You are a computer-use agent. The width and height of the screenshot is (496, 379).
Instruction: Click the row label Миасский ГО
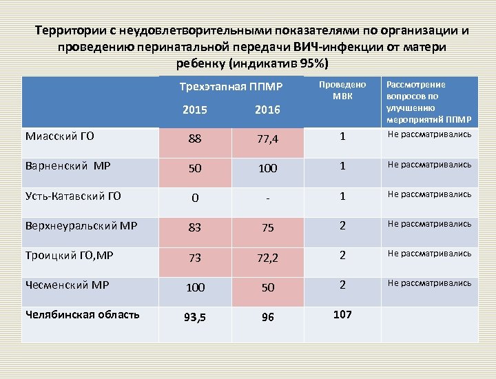(x=59, y=136)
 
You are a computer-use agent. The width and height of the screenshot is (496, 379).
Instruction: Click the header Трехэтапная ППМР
(x=231, y=87)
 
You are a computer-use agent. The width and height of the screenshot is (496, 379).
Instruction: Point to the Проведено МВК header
(x=342, y=90)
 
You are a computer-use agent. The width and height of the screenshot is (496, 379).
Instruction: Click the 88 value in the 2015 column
(x=194, y=139)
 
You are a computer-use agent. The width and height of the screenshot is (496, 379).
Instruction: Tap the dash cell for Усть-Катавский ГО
(x=267, y=198)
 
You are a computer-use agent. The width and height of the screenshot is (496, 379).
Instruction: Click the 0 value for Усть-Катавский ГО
(x=194, y=198)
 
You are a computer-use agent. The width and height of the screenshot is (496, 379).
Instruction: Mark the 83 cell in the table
(x=194, y=227)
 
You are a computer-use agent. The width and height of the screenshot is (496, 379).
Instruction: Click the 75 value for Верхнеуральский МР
(x=267, y=227)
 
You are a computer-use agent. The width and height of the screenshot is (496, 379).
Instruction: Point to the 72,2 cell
(x=267, y=257)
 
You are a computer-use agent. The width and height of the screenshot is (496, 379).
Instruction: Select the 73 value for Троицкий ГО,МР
(x=194, y=257)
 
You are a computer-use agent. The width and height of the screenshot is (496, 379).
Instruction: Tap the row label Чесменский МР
(x=67, y=284)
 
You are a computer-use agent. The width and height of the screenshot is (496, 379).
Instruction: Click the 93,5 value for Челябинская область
(x=194, y=317)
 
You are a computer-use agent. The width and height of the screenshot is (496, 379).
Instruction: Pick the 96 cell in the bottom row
(x=267, y=317)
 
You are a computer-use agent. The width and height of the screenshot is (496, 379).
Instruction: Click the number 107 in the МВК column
(x=342, y=315)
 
